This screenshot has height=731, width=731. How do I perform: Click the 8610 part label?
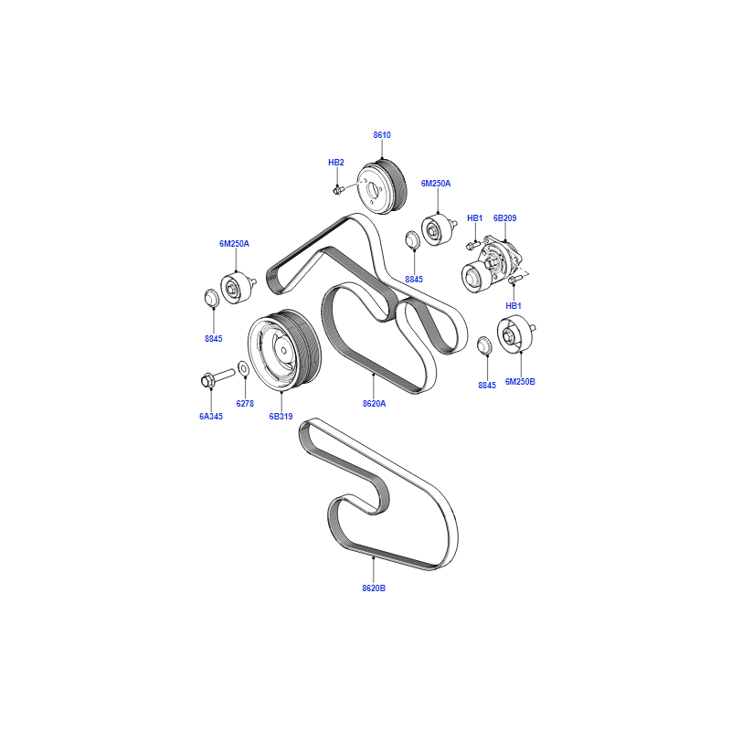coord(382,134)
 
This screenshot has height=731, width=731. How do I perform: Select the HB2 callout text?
coord(335,163)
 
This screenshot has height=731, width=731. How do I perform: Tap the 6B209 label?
coord(505,217)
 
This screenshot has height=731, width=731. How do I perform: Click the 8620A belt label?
coord(374,403)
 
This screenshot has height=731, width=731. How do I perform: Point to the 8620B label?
coord(374,588)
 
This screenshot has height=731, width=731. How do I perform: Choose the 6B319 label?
coord(281,416)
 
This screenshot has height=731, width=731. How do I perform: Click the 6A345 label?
coord(211,416)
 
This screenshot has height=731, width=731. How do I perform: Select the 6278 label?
coord(245,403)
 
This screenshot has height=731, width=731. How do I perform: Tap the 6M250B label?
coord(520,381)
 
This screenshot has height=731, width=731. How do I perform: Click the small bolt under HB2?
coord(338,190)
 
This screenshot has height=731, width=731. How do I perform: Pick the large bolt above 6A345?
coord(217,377)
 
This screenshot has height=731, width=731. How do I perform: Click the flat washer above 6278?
coord(243,368)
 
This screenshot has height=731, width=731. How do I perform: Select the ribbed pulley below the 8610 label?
coord(382,186)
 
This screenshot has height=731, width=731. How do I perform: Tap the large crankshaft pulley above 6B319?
coord(284,349)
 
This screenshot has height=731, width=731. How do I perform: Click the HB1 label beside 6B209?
coord(474,217)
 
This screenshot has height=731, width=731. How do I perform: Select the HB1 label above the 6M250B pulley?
coord(514,306)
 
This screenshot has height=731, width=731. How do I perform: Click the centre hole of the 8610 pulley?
coord(373,190)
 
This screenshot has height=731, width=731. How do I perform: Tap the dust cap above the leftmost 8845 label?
coord(212,298)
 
